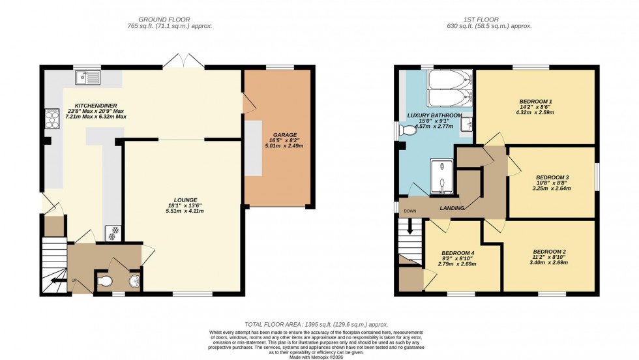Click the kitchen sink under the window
pos(87,78)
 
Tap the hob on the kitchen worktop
pos(50,118)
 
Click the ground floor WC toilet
pos(105,281)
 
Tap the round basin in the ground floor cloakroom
pos(134,282)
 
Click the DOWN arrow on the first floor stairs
pos(410,228)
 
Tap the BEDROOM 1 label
pos(535,101)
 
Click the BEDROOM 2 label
pos(549,252)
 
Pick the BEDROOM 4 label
pos(457,253)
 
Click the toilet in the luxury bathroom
pos(408,130)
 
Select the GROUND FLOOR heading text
pos(170,20)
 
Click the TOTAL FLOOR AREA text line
pos(316,324)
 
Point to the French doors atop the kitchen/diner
pos(183,61)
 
